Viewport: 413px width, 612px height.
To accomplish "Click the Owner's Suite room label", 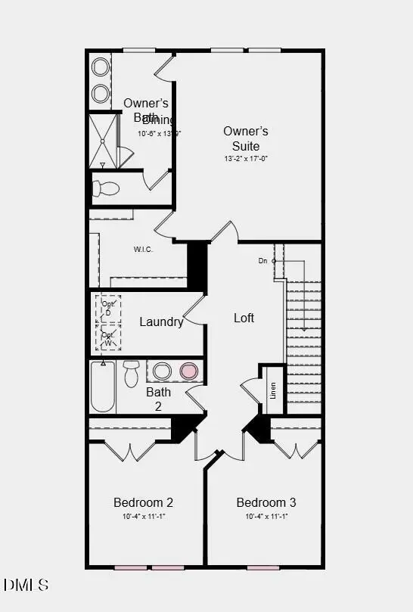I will (245, 138).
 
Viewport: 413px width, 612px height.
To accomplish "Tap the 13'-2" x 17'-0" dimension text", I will (245, 159).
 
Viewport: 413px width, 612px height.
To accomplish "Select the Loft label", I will (244, 318).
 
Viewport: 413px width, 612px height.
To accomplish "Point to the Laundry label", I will (161, 322).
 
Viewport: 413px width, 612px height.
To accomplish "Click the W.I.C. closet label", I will (144, 250).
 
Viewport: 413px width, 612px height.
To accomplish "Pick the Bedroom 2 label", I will (144, 502).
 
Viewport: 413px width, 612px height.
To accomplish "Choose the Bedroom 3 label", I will (266, 502).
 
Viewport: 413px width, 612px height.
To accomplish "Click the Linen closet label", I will (273, 390).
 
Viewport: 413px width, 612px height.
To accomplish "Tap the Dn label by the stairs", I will (262, 261).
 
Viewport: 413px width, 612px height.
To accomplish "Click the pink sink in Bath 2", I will (188, 371).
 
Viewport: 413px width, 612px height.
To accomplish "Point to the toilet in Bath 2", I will (131, 372).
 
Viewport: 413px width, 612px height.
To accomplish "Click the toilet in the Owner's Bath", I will (105, 188).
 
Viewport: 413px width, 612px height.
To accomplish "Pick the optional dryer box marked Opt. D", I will (108, 309).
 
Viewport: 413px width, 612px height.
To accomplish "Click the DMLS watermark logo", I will (26, 585).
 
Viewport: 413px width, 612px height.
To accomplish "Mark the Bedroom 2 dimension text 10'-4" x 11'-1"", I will (144, 517).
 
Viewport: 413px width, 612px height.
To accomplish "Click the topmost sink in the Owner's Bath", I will (100, 67).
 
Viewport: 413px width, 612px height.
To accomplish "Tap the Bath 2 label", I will (159, 399).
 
